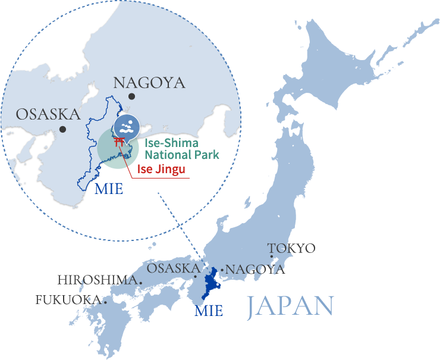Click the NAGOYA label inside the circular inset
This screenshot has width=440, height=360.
coord(149,83)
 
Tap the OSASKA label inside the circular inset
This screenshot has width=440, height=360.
coord(48,114)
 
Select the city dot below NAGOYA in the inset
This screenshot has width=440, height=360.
coord(132,96)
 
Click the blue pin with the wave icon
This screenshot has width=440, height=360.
coord(125,127)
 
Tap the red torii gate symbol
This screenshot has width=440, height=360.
coord(120,143)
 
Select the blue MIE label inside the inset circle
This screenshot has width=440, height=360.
coord(109,190)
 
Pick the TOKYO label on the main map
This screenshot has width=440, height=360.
coord(291,248)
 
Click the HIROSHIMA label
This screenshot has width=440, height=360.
coord(98,280)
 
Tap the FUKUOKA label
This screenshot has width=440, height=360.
coord(69,299)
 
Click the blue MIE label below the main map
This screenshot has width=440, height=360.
coord(209,310)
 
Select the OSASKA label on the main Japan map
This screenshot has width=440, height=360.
coord(173,268)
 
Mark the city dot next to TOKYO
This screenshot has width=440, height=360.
coord(272,257)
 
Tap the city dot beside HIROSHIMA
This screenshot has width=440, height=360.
coord(140,280)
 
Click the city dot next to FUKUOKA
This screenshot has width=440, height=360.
coord(105,300)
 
